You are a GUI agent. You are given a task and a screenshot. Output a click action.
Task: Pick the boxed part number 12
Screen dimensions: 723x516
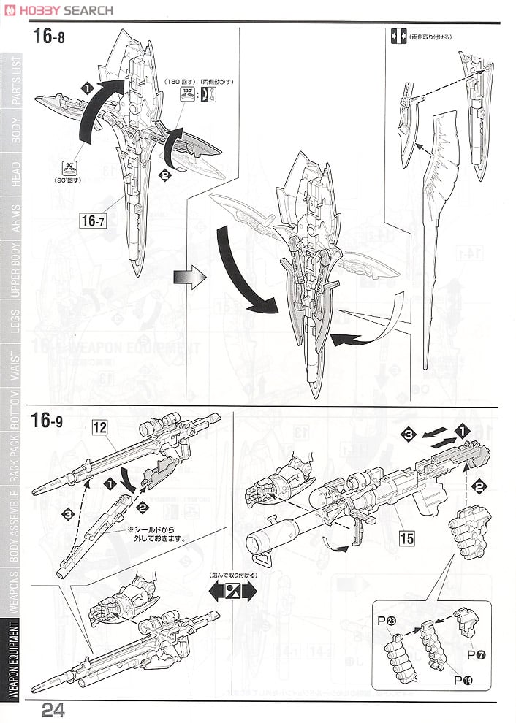(x=99, y=429)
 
